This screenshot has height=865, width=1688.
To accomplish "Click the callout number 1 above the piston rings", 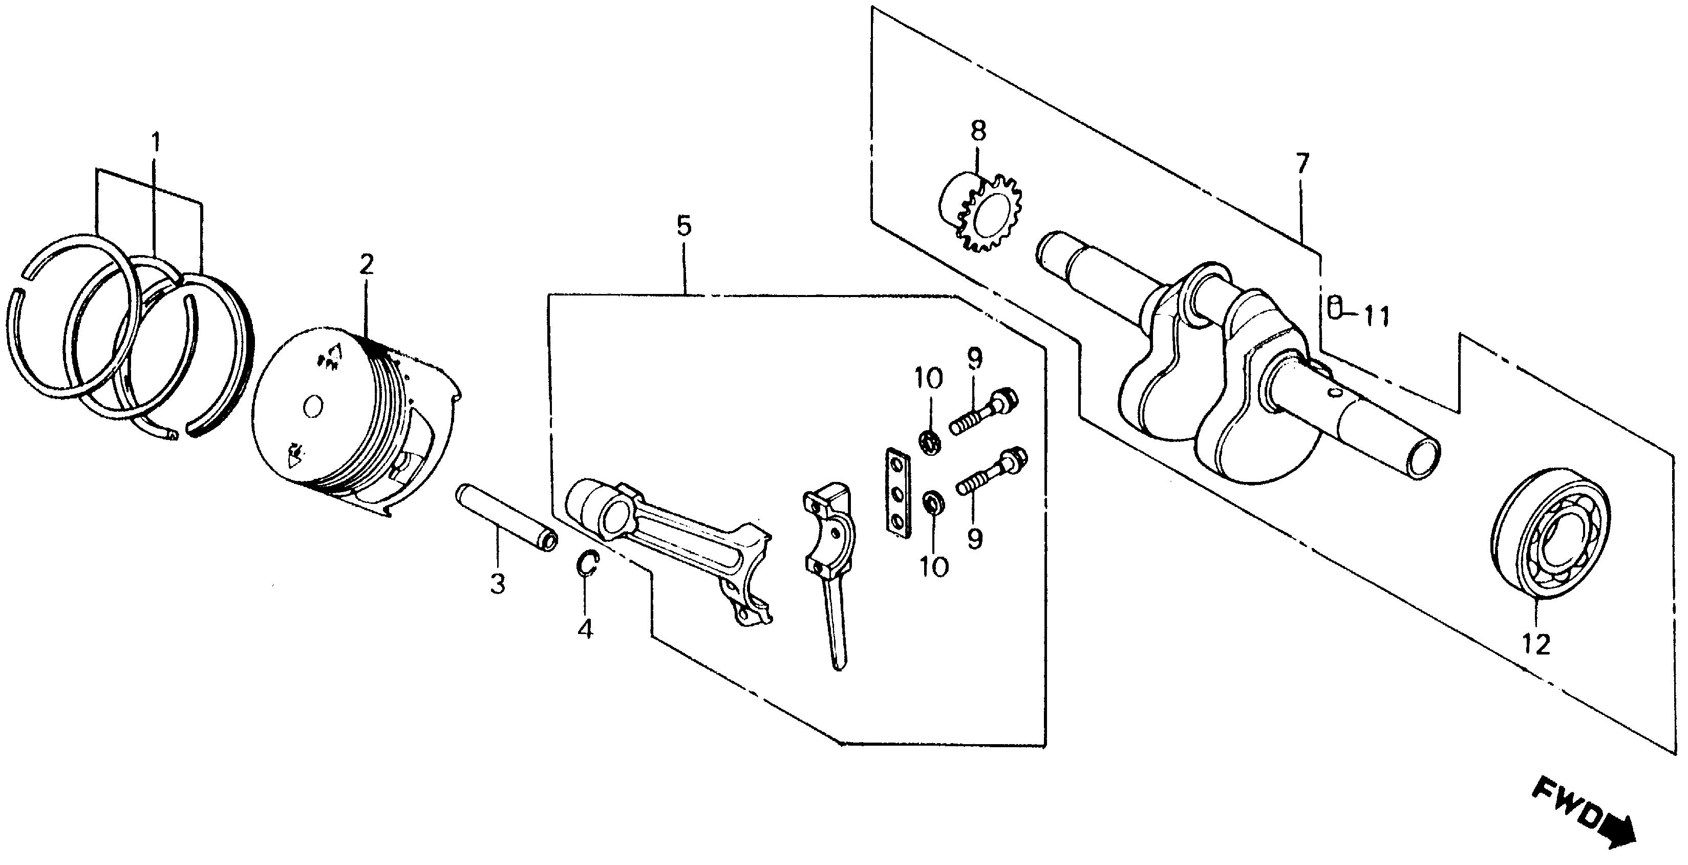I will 156,143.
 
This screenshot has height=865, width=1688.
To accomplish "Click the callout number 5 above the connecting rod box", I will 683,227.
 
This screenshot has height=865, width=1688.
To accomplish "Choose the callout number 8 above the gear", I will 978,131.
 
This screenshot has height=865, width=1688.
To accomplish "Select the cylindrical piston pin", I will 506,509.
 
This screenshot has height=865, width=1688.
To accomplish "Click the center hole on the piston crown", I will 313,407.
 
